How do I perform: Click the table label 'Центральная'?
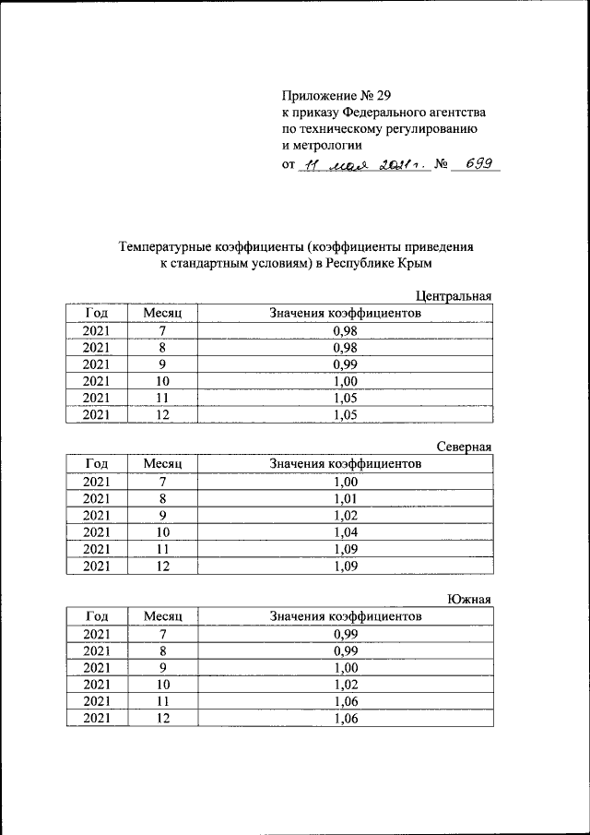[454, 296]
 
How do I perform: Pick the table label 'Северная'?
[465, 447]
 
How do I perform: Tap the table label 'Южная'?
[470, 599]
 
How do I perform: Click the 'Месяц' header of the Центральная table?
[163, 314]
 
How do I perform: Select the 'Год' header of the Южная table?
[97, 616]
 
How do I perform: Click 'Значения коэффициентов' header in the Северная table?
[345, 465]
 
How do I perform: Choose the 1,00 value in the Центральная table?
[345, 381]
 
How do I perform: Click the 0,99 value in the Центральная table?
[345, 364]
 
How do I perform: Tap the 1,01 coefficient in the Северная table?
[345, 499]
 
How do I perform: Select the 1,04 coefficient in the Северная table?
[345, 532]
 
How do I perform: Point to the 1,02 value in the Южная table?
[345, 684]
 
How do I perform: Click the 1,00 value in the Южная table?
[345, 667]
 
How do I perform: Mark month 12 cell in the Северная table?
[163, 567]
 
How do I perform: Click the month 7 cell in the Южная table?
[163, 634]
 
